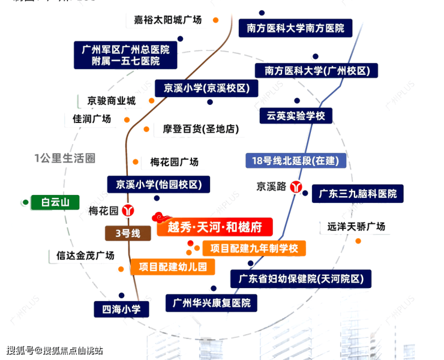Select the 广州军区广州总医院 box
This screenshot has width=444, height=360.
pos(125,55)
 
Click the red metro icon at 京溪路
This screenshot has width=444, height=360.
pos(296,186)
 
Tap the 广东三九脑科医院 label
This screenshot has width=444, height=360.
pos(358,194)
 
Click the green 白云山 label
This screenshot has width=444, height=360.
pos(55,202)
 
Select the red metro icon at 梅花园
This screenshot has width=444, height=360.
pos(128,211)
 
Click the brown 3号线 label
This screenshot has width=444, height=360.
pos(127,233)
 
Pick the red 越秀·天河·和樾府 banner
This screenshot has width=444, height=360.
pos(214,227)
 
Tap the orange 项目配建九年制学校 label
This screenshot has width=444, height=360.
pos(254,247)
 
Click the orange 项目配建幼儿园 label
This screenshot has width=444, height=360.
pos(173,266)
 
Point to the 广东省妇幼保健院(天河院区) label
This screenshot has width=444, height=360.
pos(301,278)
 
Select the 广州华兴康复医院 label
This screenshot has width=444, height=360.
pos(211,302)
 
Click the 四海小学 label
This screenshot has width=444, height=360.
pos(121,310)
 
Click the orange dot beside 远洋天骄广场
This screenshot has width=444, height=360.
pos(358,241)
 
